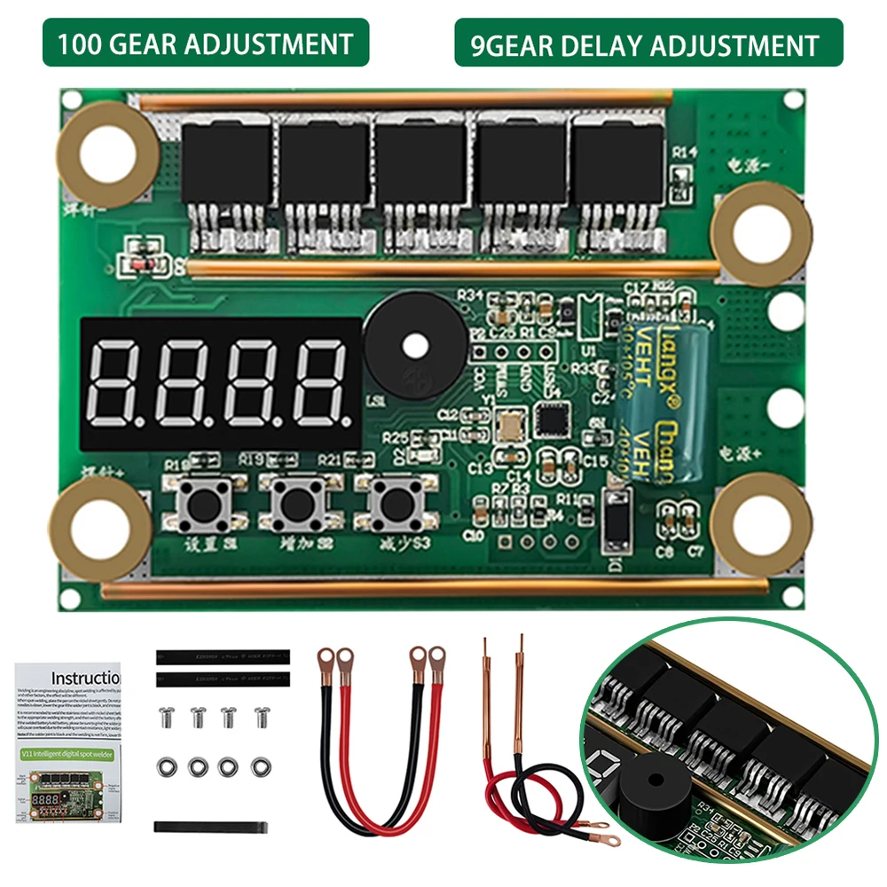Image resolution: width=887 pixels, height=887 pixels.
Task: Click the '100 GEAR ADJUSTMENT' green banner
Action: point(205,43)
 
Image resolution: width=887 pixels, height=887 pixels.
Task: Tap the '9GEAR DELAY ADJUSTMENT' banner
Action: point(648,43)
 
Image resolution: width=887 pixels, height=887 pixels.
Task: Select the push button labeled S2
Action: point(295,503)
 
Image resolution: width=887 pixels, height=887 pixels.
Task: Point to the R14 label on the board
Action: point(685,153)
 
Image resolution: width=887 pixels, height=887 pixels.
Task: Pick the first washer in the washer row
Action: point(166,765)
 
